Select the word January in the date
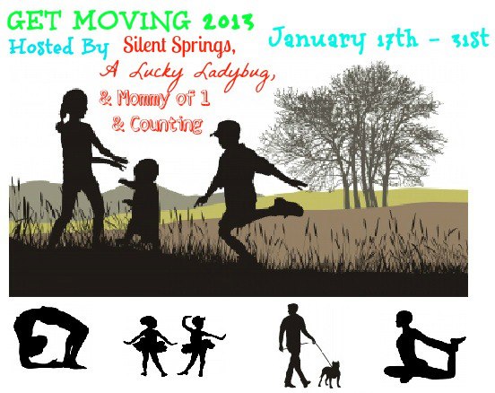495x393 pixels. coord(316,39)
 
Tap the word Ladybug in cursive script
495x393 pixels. coord(233,75)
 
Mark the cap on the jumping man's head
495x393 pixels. coord(223,129)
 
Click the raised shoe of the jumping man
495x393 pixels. coord(287,207)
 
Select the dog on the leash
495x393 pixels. coord(330,374)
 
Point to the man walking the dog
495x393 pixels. coord(295,345)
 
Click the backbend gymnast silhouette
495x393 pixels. coord(50,338)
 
